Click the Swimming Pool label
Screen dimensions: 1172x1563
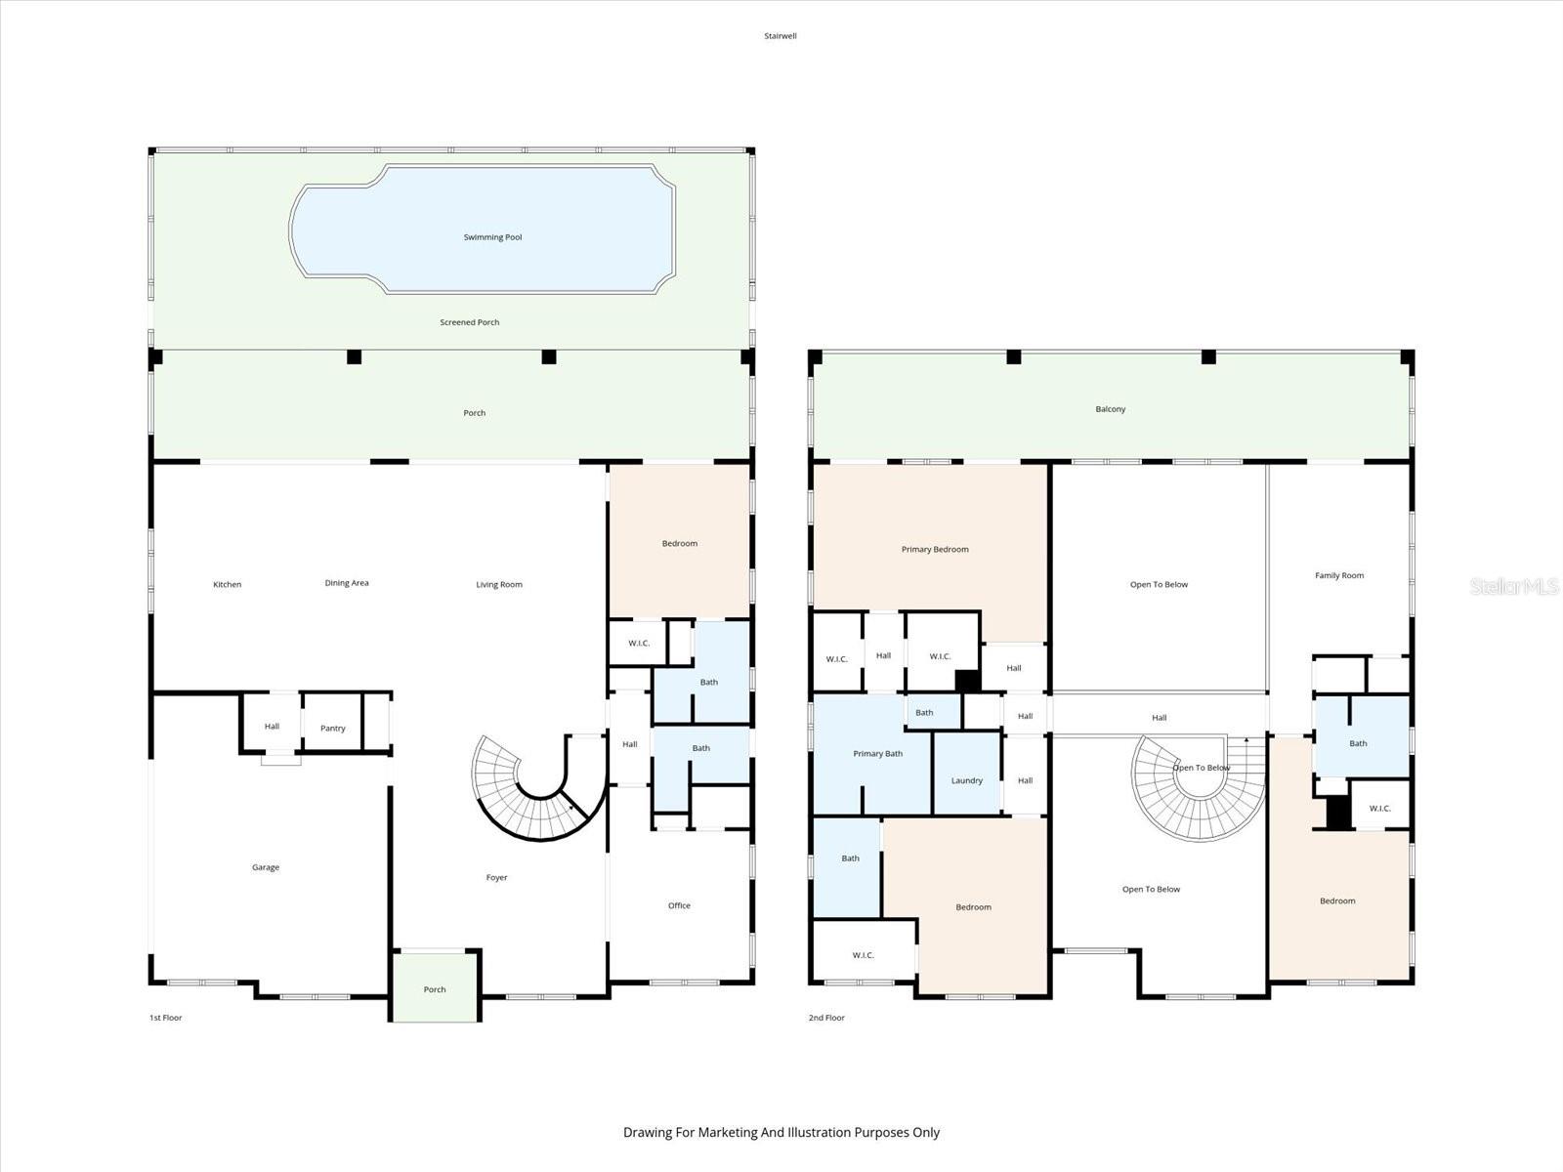coord(492,237)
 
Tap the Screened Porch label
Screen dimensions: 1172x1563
coord(469,322)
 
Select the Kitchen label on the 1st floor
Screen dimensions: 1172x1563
coord(227,584)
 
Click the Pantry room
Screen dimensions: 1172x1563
coord(332,728)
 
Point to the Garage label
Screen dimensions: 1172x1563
coord(265,867)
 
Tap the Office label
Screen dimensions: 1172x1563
coord(679,905)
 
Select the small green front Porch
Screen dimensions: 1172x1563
coord(435,988)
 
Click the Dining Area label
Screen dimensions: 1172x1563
coord(347,583)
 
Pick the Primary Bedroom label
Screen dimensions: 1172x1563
coord(935,549)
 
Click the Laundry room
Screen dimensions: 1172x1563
coord(967,780)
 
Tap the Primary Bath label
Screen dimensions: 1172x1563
coord(877,753)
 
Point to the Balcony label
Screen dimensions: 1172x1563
coord(1110,409)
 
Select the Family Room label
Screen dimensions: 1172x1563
coord(1338,575)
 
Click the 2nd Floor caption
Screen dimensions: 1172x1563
coord(826,1018)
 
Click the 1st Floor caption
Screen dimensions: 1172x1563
coord(165,1018)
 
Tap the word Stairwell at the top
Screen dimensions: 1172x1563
coord(781,36)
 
